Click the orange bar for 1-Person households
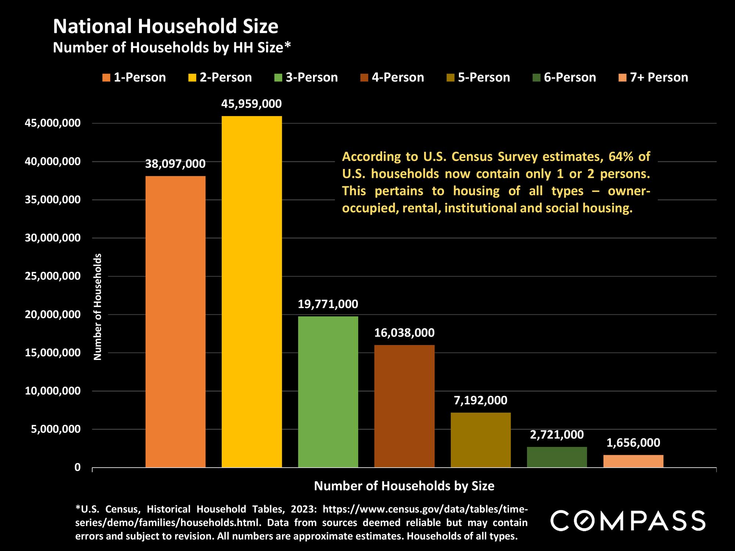click(175, 321)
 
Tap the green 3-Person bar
click(328, 392)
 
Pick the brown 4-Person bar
click(404, 406)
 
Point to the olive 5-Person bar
click(481, 440)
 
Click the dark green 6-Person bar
click(557, 457)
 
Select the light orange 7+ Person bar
click(633, 461)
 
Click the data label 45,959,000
click(251, 104)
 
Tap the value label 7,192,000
click(481, 400)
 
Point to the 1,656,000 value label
click(633, 443)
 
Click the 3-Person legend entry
click(306, 78)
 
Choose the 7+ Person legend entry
click(653, 78)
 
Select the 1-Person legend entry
click(135, 78)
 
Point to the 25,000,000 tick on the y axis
click(53, 276)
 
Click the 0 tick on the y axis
click(77, 468)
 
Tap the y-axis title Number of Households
click(97, 307)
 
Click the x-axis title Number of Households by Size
click(404, 486)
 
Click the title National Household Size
click(166, 27)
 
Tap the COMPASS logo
click(627, 521)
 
